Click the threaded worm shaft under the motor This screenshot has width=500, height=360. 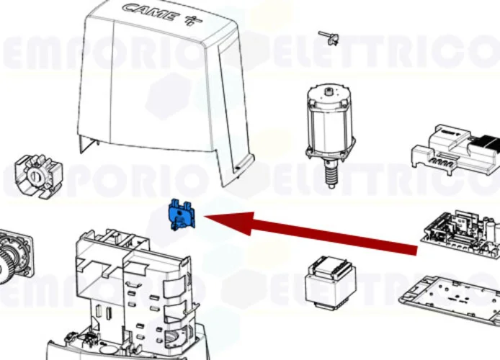coord(331,174)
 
